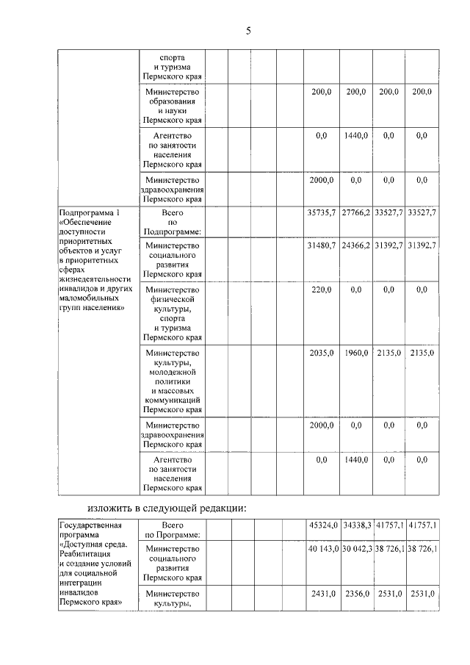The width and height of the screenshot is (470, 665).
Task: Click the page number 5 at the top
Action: [x=248, y=30]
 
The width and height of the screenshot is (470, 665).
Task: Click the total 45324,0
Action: [x=323, y=525]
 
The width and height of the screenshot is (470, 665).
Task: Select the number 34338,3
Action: [x=357, y=525]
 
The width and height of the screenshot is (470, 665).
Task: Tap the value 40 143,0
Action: [x=323, y=549]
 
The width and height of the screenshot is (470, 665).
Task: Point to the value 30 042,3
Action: [x=358, y=549]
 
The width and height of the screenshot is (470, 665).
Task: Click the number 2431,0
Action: [x=323, y=593]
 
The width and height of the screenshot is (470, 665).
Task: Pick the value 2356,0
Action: [x=357, y=593]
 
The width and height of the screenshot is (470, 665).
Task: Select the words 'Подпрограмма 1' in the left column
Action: [x=87, y=212]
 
